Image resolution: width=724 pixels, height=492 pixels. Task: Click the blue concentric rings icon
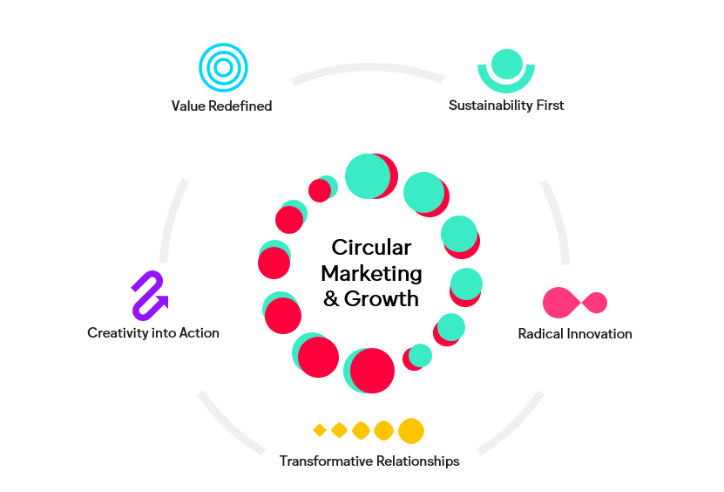pyautogui.click(x=223, y=67)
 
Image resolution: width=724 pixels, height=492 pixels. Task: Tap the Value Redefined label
pyautogui.click(x=221, y=106)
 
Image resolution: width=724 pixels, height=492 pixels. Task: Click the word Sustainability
pyautogui.click(x=489, y=106)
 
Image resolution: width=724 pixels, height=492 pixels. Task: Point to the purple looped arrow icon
pyautogui.click(x=149, y=295)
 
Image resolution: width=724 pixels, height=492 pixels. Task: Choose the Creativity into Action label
pyautogui.click(x=153, y=332)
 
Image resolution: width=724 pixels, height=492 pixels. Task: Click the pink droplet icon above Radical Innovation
pyautogui.click(x=574, y=303)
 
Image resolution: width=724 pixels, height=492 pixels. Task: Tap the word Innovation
pyautogui.click(x=600, y=334)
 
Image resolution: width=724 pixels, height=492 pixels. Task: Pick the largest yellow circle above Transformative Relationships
pyautogui.click(x=411, y=431)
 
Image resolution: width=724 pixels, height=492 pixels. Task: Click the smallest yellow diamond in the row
pyautogui.click(x=320, y=430)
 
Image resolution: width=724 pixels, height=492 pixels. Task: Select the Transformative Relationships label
pyautogui.click(x=369, y=461)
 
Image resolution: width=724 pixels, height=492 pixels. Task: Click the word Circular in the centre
pyautogui.click(x=371, y=248)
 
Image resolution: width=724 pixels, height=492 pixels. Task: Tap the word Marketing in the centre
pyautogui.click(x=371, y=273)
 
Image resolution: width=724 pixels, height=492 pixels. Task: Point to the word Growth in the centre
pyautogui.click(x=382, y=298)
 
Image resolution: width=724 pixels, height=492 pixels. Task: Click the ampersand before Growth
pyautogui.click(x=332, y=298)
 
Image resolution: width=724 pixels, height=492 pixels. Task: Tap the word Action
pyautogui.click(x=200, y=332)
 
